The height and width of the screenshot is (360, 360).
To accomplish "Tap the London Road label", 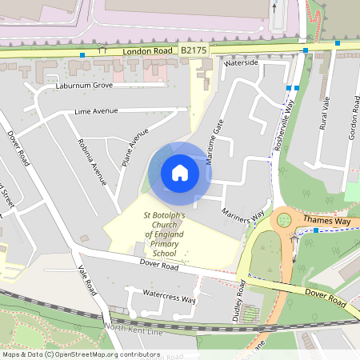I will click(x=148, y=50).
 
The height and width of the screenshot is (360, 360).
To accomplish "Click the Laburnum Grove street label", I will click(x=85, y=85).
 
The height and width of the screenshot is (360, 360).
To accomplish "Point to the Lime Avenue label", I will click(x=96, y=111).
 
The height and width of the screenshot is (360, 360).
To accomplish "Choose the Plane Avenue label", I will click(x=136, y=146).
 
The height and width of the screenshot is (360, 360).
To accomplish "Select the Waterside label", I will click(x=242, y=62).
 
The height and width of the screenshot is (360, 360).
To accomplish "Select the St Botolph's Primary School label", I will click(x=164, y=234).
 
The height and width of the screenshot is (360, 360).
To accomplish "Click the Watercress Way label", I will click(x=170, y=299).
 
